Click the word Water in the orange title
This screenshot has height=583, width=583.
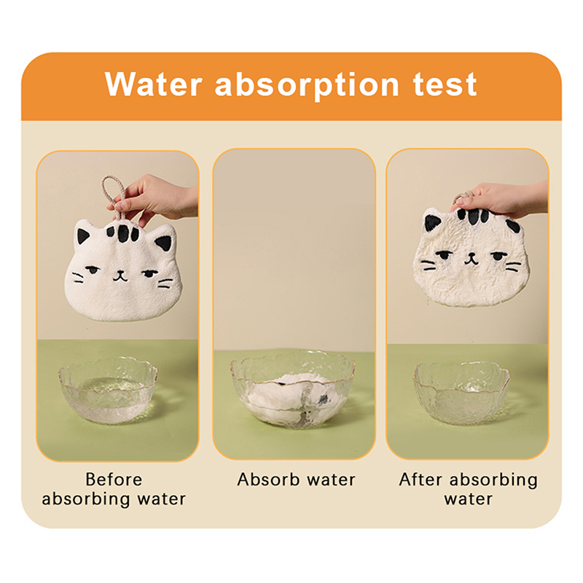[x=154, y=84]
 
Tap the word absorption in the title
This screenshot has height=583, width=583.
[x=307, y=85]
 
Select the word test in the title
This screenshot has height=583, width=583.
[x=445, y=85]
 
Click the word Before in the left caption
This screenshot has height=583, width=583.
[x=114, y=480]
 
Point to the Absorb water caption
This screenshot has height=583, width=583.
[x=297, y=480]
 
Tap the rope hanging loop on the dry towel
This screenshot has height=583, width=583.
[x=114, y=196]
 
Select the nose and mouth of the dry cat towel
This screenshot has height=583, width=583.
[x=120, y=276]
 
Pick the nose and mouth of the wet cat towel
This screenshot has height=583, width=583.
[x=471, y=259]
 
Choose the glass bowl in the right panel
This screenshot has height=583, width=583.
[x=461, y=393]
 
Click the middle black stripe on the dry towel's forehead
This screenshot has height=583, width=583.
[x=123, y=233]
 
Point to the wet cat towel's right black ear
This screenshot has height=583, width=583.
[x=513, y=226]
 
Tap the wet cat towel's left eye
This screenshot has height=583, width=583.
[x=444, y=256]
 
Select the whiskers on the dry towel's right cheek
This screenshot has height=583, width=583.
[x=165, y=283]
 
